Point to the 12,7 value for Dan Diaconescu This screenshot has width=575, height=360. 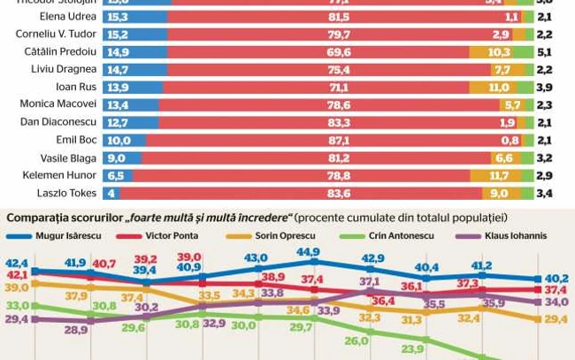[x=116, y=122]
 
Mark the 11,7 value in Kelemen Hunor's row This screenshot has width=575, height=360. [x=498, y=176]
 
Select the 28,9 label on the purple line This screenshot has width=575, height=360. [x=76, y=329]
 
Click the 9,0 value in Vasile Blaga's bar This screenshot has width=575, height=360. [x=119, y=157]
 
